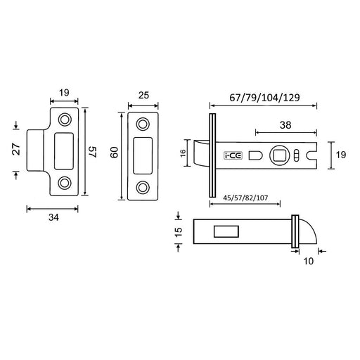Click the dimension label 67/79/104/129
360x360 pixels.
click(x=264, y=98)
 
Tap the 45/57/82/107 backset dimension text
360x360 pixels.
click(x=245, y=198)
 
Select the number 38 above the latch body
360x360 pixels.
click(x=285, y=125)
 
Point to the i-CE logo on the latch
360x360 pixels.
click(x=233, y=156)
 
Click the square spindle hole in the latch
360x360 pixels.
click(x=280, y=155)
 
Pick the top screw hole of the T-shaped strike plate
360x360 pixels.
click(x=65, y=120)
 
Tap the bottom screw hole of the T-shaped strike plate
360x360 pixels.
click(x=65, y=183)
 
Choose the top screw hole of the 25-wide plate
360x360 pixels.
click(x=143, y=124)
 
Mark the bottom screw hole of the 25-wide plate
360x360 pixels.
click(x=143, y=188)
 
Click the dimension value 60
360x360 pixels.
click(x=114, y=153)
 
